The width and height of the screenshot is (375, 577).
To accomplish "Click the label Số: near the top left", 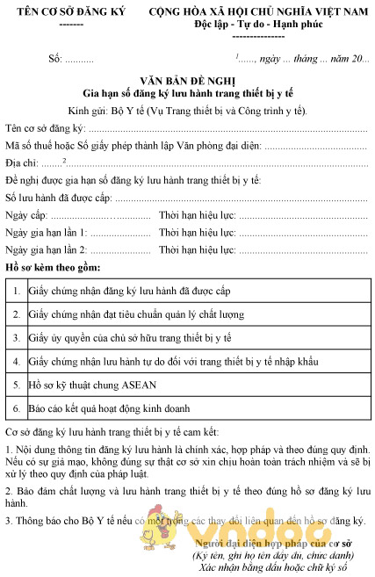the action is [55, 59].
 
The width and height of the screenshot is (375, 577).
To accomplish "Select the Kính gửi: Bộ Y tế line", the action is [187, 111].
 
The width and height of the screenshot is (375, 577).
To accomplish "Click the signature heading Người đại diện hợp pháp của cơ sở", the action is [275, 545].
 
